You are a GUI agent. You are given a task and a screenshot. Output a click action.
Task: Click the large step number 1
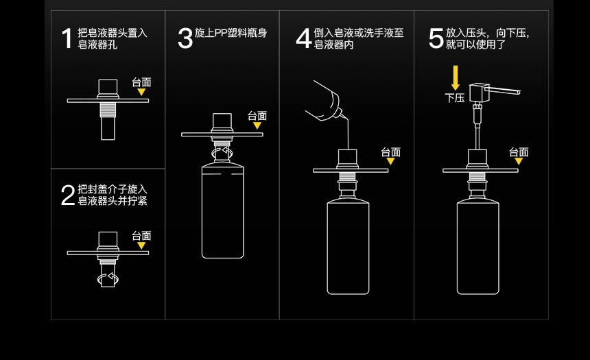[67, 39]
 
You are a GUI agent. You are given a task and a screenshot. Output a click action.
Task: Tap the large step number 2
[67, 195]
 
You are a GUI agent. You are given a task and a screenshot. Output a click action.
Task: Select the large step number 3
[185, 38]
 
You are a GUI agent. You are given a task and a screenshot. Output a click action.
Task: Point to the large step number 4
[303, 38]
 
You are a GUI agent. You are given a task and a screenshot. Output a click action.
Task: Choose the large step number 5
[436, 38]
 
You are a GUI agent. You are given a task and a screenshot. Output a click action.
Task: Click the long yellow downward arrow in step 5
[455, 77]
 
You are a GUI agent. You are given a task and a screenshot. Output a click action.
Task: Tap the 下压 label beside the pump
[455, 98]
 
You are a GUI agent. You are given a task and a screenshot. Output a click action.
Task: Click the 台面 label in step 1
[141, 82]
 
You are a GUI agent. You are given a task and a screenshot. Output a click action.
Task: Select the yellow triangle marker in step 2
[141, 245]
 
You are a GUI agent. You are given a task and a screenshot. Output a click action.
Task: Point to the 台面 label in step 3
[257, 116]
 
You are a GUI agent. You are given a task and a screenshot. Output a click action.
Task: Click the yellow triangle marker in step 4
[390, 162]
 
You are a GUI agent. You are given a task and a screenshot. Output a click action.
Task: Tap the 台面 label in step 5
[519, 152]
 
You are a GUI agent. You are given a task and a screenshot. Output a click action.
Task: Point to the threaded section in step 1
[108, 109]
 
